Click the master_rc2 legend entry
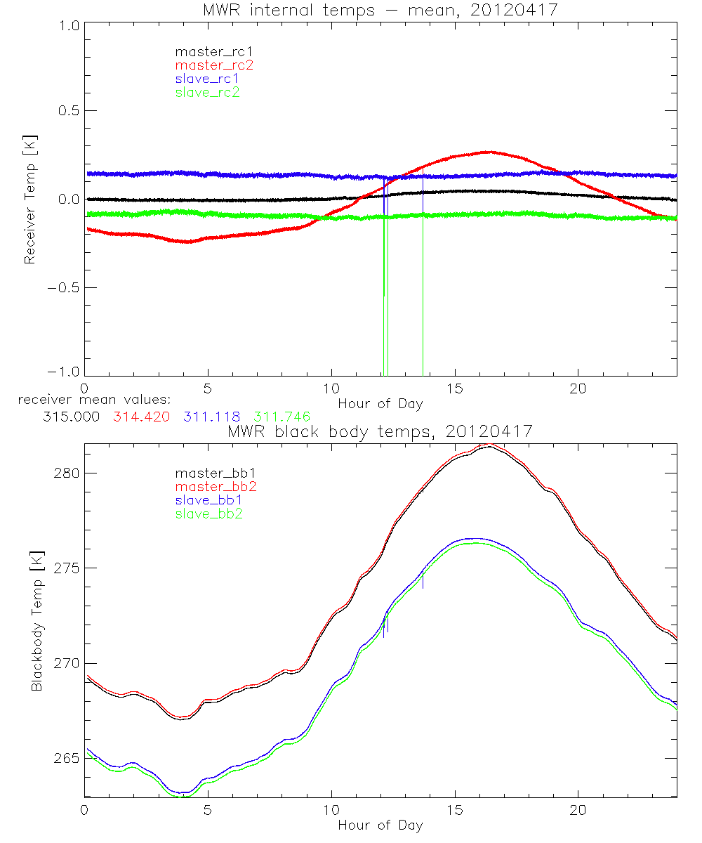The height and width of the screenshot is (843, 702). [214, 65]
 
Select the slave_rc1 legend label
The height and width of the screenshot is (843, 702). [207, 78]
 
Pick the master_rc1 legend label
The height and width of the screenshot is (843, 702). [213, 51]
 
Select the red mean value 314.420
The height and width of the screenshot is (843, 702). [141, 417]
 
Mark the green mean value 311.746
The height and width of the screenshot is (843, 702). [282, 417]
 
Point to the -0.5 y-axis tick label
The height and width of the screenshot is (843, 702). [65, 288]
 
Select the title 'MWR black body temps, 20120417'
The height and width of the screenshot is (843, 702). [380, 431]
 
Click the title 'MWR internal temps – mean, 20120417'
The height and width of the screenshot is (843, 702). [380, 10]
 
